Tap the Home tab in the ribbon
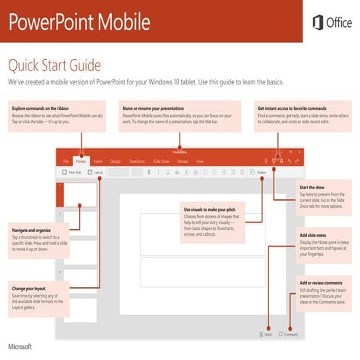(80, 160)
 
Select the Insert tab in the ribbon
(97, 160)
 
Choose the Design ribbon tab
(116, 160)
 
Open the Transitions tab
(137, 160)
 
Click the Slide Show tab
(161, 160)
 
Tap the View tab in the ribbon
(200, 160)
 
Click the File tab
(65, 160)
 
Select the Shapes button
(259, 173)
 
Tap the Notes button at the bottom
(266, 334)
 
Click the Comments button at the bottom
(289, 334)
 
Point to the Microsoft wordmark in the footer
(20, 341)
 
